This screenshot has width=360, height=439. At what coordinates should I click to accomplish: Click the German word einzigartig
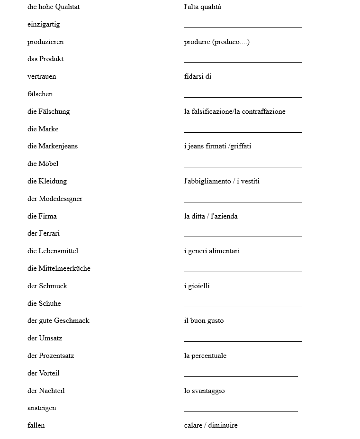pos(44,24)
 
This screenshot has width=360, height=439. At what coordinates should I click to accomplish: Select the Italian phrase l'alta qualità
pos(202,7)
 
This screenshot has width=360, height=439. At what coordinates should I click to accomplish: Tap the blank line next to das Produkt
pos(243,61)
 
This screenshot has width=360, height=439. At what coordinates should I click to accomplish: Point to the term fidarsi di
pos(198,76)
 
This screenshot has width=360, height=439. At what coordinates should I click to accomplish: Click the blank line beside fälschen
pos(243,96)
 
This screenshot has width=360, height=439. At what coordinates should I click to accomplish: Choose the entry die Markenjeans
pos(53,146)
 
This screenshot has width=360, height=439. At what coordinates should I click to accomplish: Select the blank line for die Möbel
pos(243,166)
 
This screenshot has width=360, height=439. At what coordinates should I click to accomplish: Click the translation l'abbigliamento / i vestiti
pos(222,181)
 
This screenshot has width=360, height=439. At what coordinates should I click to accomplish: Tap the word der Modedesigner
pos(55,199)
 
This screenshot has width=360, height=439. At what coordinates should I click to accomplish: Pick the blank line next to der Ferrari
pos(243,236)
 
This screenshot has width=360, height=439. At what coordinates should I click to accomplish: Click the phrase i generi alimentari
pos(212,251)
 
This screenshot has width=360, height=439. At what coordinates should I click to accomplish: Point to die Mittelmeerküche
pos(59,268)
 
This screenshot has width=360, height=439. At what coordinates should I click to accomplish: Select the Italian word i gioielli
pos(197,286)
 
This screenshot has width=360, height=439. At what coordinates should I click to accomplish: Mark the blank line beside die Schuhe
pos(243,306)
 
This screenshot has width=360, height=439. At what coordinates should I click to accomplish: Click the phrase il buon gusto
pos(204,320)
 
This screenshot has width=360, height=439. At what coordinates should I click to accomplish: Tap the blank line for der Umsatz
pos(243,340)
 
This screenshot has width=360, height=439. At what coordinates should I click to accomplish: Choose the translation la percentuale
pos(205,356)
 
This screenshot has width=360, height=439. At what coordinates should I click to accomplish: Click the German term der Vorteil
pos(44,373)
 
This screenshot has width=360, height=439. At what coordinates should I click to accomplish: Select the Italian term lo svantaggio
pos(204,391)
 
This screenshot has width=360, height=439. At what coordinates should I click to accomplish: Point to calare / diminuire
pos(211,425)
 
